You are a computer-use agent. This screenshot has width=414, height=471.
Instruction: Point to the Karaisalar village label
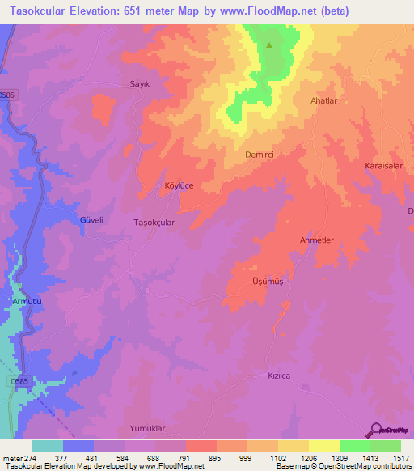click(383, 165)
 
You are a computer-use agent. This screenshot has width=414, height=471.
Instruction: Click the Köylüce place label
click(179, 185)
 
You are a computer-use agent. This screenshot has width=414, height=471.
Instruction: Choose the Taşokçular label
click(154, 220)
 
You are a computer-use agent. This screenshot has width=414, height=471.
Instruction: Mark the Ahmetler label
click(317, 240)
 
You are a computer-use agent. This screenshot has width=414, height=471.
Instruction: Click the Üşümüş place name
click(267, 282)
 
